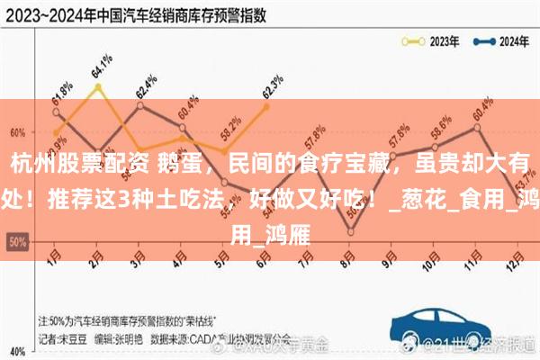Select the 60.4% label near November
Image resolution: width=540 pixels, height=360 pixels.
483,116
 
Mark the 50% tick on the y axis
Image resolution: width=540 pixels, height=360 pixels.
16,241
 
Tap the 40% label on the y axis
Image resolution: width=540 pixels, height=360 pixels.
16,349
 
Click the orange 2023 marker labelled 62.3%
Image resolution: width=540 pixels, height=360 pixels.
266,106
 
